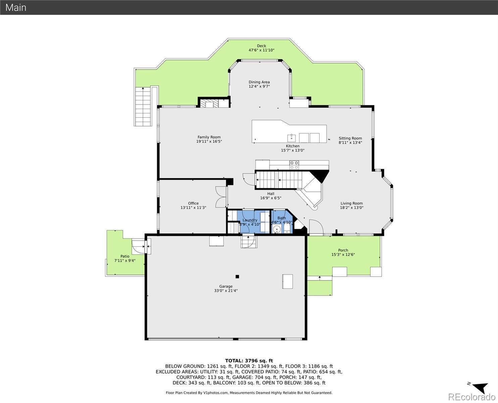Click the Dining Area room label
(x=259, y=82)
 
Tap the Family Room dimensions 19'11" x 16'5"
(x=209, y=141)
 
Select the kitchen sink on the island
(x=291, y=138)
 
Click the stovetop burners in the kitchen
(x=294, y=165)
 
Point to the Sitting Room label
(x=350, y=138)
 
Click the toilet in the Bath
(x=287, y=228)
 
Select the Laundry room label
(x=250, y=220)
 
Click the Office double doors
(x=221, y=197)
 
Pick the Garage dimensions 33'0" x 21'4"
(x=226, y=290)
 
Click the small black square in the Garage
(x=237, y=276)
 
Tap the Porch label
(x=343, y=250)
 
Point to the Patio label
(x=125, y=256)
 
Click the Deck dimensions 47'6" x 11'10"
(x=261, y=50)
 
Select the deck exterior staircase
(x=143, y=107)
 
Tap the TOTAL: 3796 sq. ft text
(x=249, y=361)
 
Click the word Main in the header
(x=16, y=7)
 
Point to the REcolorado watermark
(x=471, y=397)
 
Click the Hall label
(x=271, y=194)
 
